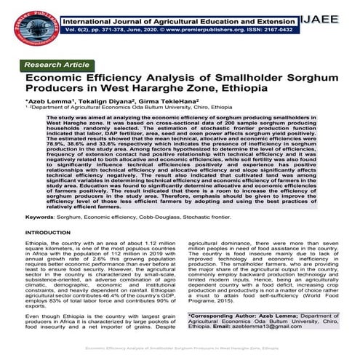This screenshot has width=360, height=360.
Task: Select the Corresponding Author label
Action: click(x=233, y=316)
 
